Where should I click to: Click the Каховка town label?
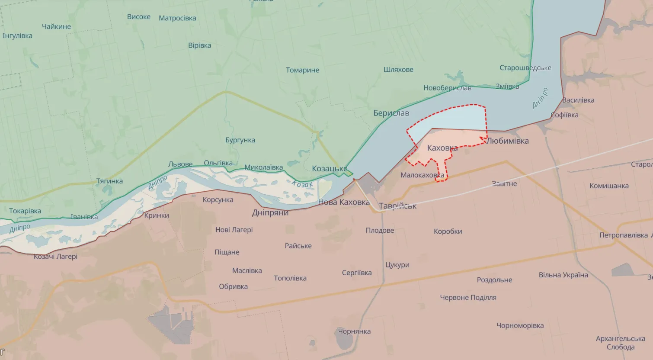(x=442, y=148)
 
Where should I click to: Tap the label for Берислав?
(x=391, y=113)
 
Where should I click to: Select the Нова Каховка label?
(x=344, y=202)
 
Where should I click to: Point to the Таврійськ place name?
(x=397, y=206)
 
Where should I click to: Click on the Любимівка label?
(x=508, y=141)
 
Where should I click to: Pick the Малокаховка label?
(x=422, y=175)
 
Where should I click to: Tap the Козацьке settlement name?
(x=330, y=169)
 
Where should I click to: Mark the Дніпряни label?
(x=270, y=213)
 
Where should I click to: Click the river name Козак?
(x=302, y=184)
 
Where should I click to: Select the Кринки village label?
(x=157, y=215)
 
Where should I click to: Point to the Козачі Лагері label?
(x=56, y=257)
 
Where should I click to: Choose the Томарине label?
(x=302, y=70)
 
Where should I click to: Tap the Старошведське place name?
(x=525, y=68)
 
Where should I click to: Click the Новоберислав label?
(x=447, y=88)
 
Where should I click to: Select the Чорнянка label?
(x=354, y=331)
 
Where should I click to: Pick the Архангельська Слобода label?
(x=620, y=343)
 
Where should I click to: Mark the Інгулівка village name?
(x=17, y=36)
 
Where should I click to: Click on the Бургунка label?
(x=240, y=140)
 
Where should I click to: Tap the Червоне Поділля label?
(x=468, y=298)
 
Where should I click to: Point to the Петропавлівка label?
(x=623, y=235)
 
